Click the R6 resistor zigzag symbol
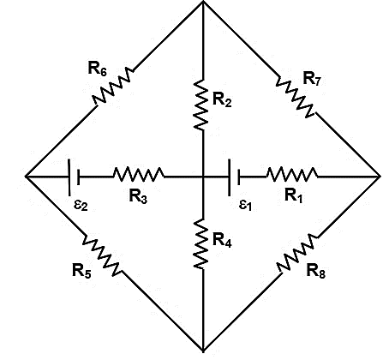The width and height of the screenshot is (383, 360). [113, 86]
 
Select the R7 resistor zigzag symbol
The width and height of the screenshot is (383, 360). [295, 97]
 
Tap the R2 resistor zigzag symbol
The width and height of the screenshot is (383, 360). [201, 105]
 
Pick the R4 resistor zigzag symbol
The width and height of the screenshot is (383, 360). [201, 243]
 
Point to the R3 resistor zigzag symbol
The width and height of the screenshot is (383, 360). [139, 174]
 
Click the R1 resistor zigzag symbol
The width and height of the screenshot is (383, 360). [292, 174]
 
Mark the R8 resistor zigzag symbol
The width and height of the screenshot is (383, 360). [297, 254]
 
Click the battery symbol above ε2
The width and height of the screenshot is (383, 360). [74, 177]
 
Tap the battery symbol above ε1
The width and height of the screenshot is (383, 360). [234, 177]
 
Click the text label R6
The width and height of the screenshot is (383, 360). [98, 69]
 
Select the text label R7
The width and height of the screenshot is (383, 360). [312, 78]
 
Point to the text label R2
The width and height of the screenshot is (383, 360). [222, 100]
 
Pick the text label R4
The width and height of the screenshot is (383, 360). [222, 239]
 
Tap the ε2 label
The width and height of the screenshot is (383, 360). [81, 205]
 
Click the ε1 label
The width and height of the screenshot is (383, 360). [245, 205]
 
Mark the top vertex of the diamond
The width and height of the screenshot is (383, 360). [203, 2]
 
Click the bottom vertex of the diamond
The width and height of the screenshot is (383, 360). [203, 351]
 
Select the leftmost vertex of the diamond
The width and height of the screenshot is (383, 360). [27, 177]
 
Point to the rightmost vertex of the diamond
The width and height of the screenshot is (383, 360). [380, 177]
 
